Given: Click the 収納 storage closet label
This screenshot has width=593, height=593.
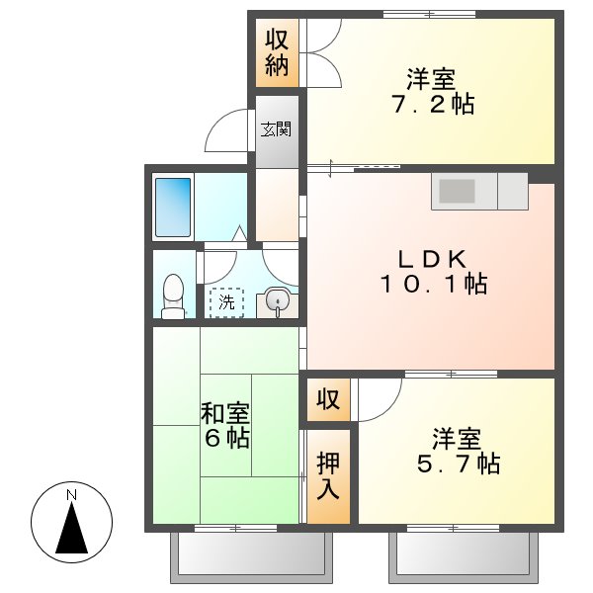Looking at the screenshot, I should [276, 53].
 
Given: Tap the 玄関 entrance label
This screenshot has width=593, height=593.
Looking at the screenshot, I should [276, 128].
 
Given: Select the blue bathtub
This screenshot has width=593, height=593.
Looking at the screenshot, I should [174, 207].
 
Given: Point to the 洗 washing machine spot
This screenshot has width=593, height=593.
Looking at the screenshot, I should [227, 302].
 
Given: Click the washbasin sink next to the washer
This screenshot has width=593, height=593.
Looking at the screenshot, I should [277, 302].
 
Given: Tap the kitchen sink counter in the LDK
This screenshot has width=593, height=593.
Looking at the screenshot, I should [479, 192].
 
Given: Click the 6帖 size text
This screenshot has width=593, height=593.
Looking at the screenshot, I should [226, 438].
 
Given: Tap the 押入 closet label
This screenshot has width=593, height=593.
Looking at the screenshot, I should [328, 474].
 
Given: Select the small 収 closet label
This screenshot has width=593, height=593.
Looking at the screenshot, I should [327, 400].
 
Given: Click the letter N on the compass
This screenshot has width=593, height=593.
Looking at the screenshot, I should [71, 494].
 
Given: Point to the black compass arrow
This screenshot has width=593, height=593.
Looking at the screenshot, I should [71, 529].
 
